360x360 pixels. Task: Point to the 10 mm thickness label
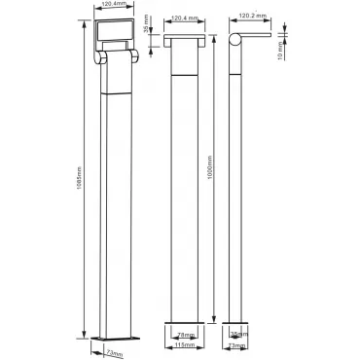[x=280, y=52]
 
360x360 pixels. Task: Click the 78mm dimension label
[x=186, y=335]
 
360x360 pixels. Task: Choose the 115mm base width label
[x=185, y=344]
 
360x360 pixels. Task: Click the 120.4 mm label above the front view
[x=185, y=18]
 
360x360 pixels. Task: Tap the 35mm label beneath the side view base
[x=240, y=334]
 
